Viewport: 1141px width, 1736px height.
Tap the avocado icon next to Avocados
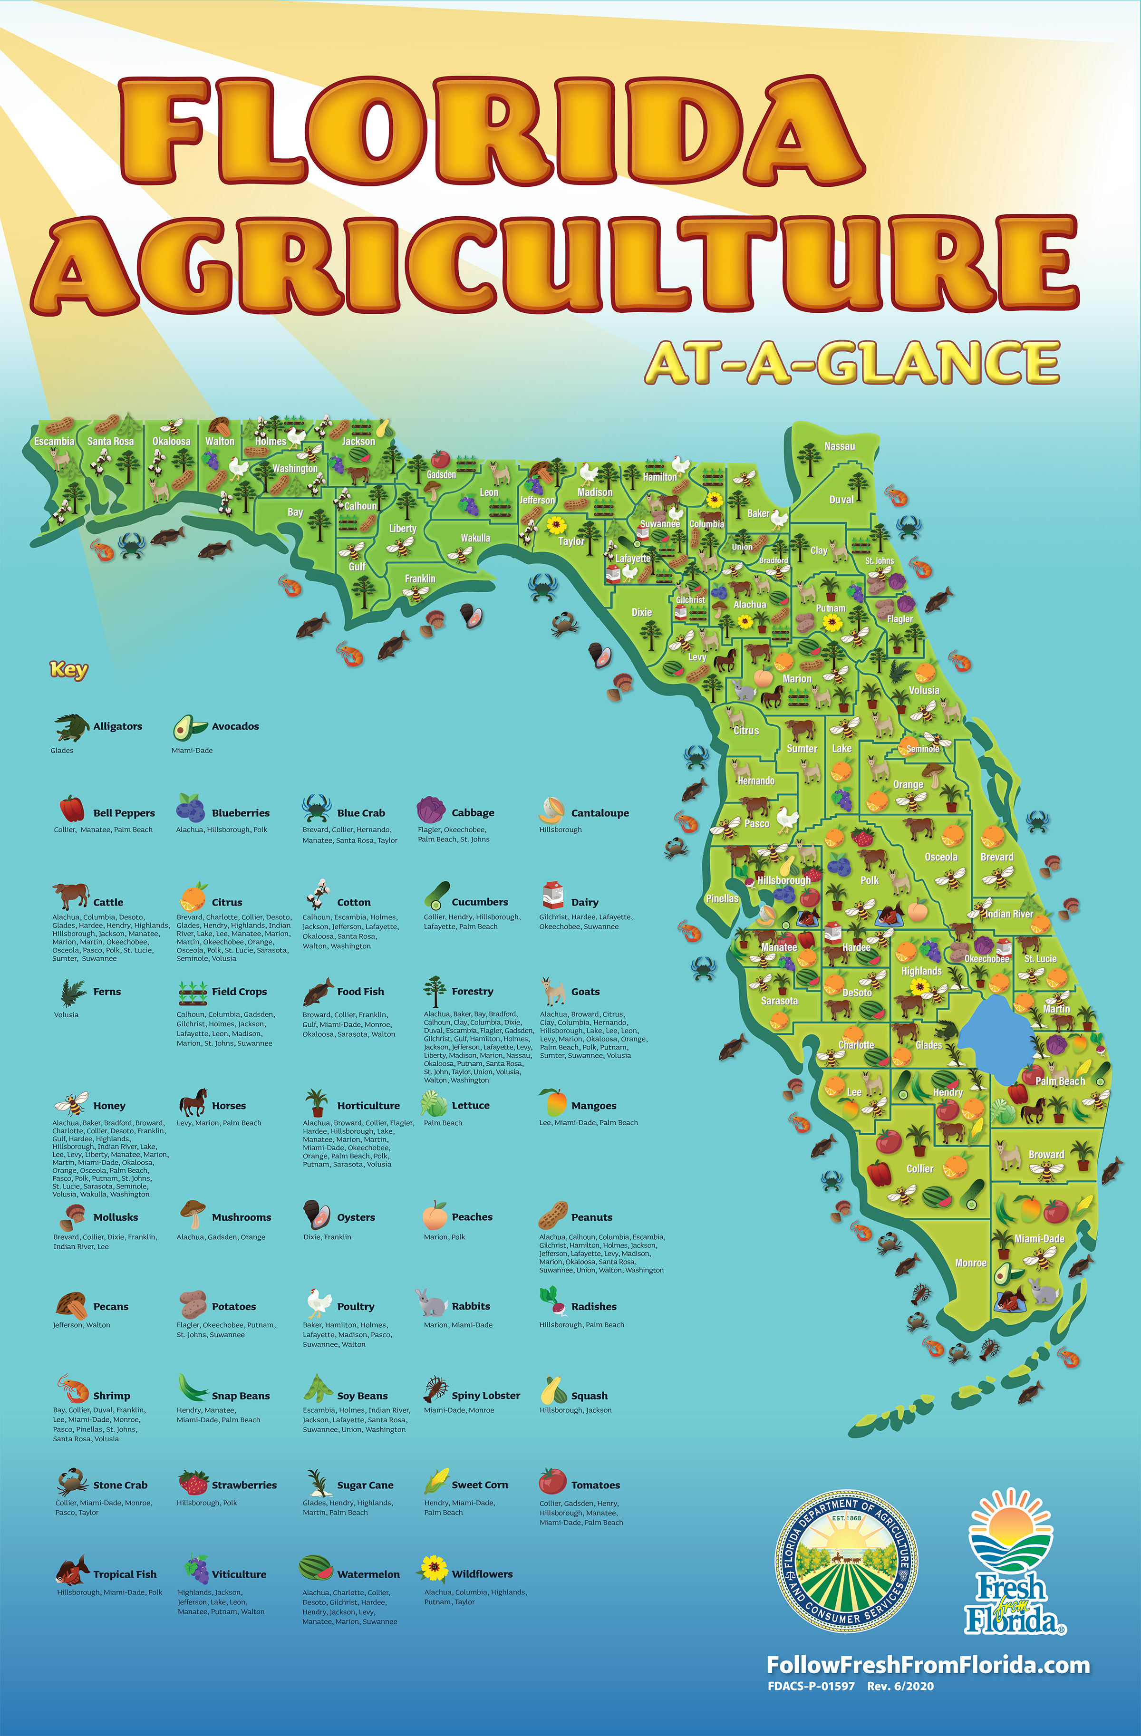click(x=190, y=726)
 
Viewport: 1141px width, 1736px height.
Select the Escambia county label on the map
click(x=54, y=441)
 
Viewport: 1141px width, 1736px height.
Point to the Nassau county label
click(x=839, y=446)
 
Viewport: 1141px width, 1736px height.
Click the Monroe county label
click(x=970, y=1263)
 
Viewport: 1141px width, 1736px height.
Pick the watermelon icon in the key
click(x=315, y=1568)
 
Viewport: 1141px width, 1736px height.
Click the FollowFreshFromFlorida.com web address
click(x=928, y=1665)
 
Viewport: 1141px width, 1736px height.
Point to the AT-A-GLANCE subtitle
click(x=852, y=363)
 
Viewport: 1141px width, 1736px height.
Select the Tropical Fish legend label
click(x=125, y=1574)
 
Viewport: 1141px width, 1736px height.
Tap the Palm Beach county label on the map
click(x=1060, y=1081)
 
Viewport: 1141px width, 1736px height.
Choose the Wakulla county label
click(x=475, y=538)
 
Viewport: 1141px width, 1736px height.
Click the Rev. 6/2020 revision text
click(x=900, y=1686)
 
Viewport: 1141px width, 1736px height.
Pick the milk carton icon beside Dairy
click(x=553, y=895)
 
